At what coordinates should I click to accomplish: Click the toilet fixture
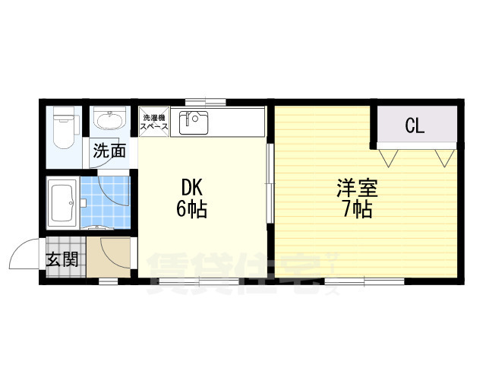64,127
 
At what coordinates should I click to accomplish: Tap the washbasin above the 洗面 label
109,119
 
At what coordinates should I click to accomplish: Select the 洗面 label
109,151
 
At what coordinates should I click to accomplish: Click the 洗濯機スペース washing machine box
154,122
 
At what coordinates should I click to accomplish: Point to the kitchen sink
194,122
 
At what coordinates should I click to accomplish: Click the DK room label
192,187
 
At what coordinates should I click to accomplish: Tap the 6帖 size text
191,209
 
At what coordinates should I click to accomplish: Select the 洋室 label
357,188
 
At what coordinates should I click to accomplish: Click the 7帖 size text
358,210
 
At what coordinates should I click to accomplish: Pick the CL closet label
415,125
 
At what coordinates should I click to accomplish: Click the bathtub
62,203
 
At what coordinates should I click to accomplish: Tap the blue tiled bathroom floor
106,202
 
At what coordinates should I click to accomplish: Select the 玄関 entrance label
62,260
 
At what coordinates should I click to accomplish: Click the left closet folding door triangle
388,158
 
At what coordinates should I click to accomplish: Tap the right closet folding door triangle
445,158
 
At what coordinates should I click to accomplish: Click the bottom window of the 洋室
364,281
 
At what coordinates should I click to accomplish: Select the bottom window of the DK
199,281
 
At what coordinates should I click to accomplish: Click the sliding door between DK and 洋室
270,183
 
